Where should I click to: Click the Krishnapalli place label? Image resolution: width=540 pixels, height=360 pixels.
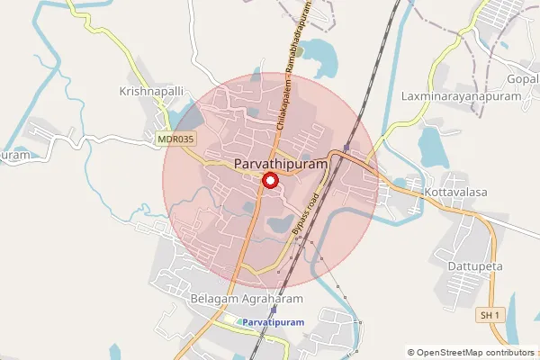(x=152, y=92)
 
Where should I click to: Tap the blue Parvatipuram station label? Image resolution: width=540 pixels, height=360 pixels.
(x=271, y=321)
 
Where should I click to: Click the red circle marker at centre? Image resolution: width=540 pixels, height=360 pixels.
(x=269, y=181)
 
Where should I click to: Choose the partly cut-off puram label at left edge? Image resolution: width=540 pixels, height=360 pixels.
(x=16, y=155)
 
